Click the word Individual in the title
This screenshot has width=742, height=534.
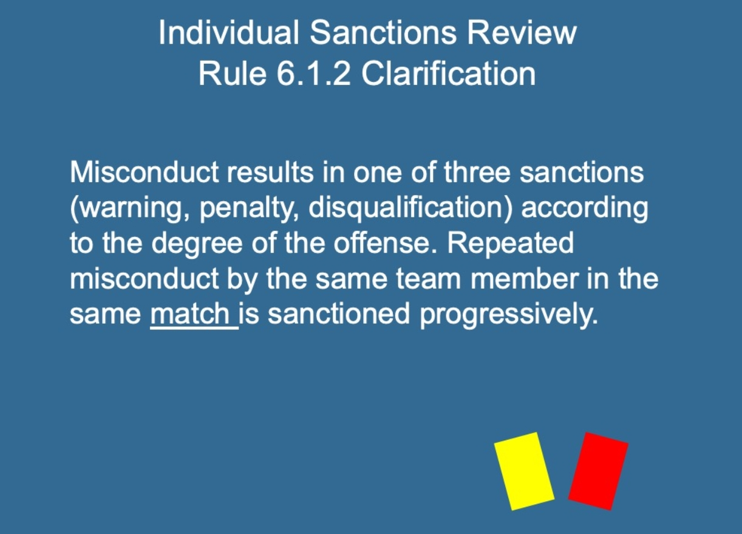point(228,32)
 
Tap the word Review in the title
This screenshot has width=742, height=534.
point(522,32)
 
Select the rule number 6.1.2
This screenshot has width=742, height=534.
point(313,74)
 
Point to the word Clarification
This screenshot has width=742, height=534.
point(449,74)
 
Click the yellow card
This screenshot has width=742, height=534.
point(524,471)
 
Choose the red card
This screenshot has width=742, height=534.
point(598,471)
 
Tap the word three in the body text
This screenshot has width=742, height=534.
point(477,172)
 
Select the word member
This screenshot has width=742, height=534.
point(525,278)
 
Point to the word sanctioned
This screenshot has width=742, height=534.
point(339,313)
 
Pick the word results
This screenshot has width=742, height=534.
point(270,172)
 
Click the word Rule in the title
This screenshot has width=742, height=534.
point(233,74)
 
